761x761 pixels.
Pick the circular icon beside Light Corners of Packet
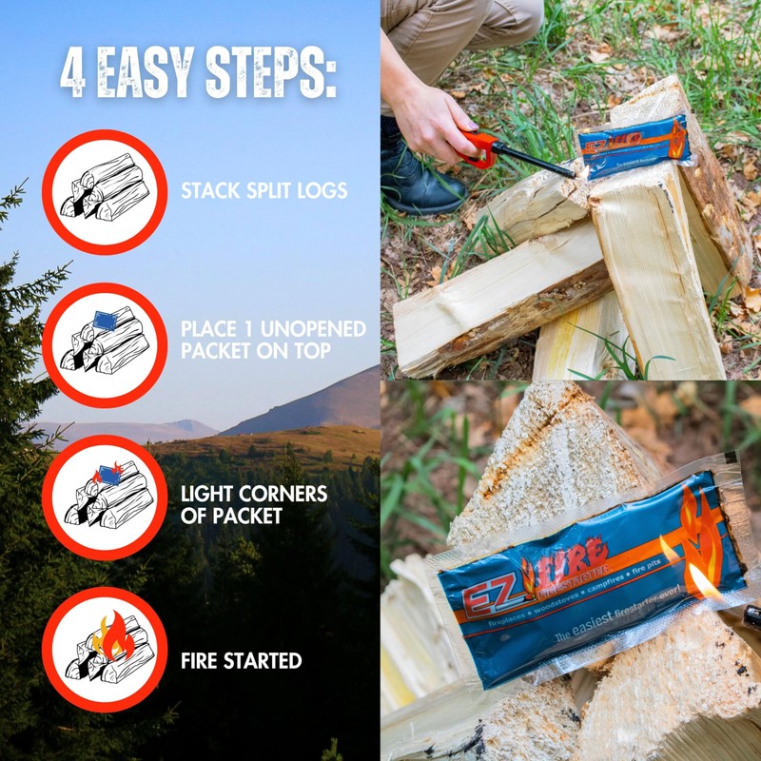(105, 497)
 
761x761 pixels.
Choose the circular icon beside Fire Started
(105, 649)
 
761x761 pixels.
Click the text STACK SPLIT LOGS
(263, 191)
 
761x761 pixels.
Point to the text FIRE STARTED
(242, 660)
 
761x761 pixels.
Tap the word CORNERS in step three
(283, 495)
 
